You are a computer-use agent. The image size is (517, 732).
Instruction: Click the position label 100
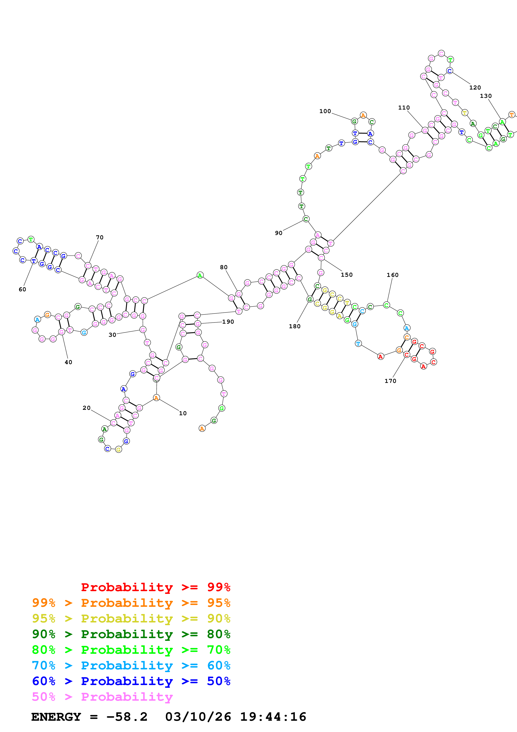[325, 111]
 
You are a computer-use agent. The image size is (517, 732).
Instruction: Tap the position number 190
[228, 322]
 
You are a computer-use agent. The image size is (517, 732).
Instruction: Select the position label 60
[22, 289]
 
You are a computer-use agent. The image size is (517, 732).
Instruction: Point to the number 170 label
[390, 381]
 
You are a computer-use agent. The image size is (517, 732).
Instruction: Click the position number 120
[475, 88]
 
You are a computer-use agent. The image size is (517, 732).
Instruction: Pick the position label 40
[68, 362]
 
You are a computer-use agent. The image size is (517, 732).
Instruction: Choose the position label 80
[224, 267]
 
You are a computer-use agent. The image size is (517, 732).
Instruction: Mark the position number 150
[347, 275]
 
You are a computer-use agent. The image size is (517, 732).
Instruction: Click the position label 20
[87, 408]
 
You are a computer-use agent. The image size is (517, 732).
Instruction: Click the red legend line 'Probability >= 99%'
[155, 587]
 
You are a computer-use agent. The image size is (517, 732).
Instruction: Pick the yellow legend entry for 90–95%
[131, 618]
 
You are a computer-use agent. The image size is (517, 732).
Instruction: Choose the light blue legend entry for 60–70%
[131, 665]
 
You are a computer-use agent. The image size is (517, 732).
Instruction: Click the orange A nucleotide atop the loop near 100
[363, 115]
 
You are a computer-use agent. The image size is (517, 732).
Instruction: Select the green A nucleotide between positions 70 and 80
[200, 275]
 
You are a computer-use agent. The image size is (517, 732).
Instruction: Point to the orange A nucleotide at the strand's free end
[202, 428]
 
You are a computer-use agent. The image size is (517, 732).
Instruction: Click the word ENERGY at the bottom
[56, 717]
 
